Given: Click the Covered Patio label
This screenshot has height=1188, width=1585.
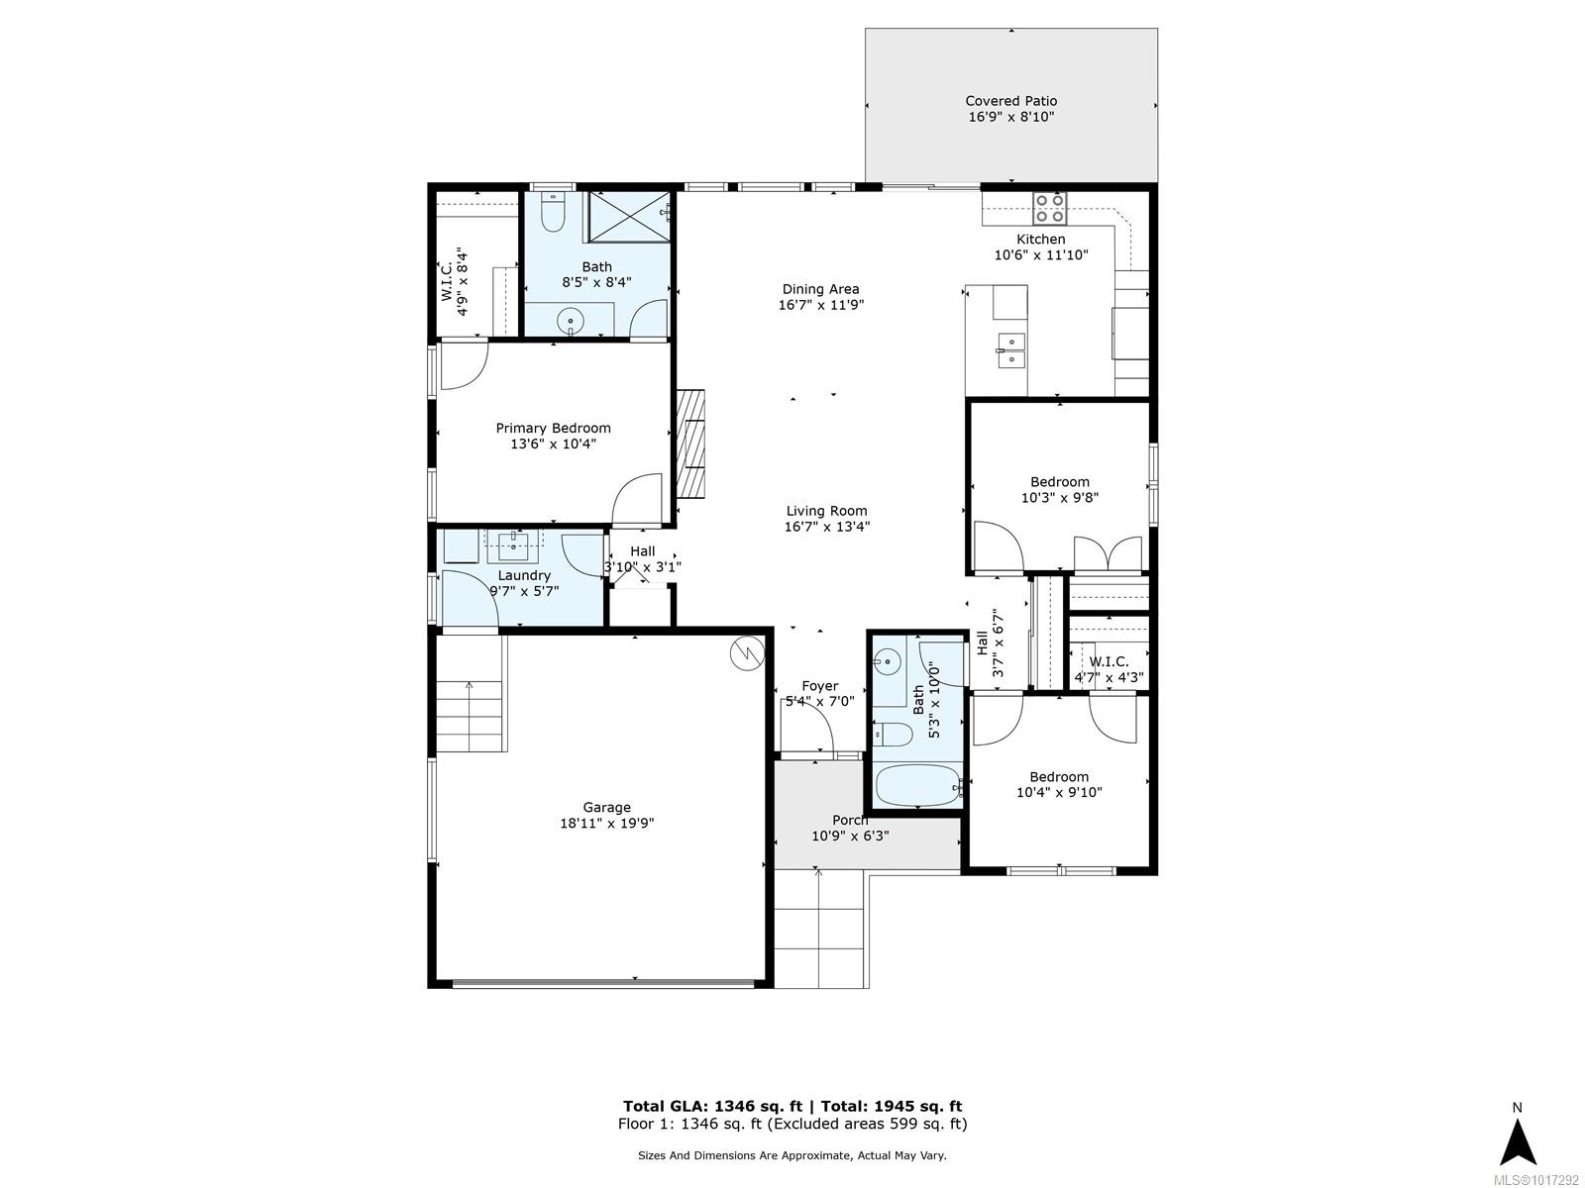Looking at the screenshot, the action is (x=1011, y=101).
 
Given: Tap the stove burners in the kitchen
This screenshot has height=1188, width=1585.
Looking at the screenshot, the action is (x=1049, y=208).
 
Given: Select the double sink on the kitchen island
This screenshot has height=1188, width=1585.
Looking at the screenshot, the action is (x=1011, y=349).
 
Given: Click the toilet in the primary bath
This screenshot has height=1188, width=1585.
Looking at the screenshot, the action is (x=553, y=211).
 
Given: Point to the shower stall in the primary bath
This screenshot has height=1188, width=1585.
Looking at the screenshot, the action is (x=628, y=217).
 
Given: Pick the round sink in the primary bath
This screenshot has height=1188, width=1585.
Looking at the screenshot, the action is (x=571, y=320).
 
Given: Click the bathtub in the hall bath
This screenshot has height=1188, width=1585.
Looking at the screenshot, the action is (x=917, y=785).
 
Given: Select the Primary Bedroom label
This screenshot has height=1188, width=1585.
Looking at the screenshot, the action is (x=553, y=428).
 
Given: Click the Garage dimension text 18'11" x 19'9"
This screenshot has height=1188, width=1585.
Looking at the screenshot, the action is (x=606, y=823).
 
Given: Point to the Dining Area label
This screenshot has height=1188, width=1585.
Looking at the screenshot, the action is (x=820, y=289).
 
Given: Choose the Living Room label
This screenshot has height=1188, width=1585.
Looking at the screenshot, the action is (x=827, y=511).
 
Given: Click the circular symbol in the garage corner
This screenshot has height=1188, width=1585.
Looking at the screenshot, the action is (x=747, y=653).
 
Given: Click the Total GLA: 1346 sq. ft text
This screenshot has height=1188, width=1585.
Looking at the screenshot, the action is (x=712, y=1107).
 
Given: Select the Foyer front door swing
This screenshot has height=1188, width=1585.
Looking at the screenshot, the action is (x=807, y=729).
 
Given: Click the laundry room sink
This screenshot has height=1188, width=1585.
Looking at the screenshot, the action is (x=513, y=546).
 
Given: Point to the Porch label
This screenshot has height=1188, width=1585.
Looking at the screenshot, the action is (x=850, y=820).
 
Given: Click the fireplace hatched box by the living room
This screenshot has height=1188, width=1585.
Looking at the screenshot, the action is (x=690, y=444).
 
